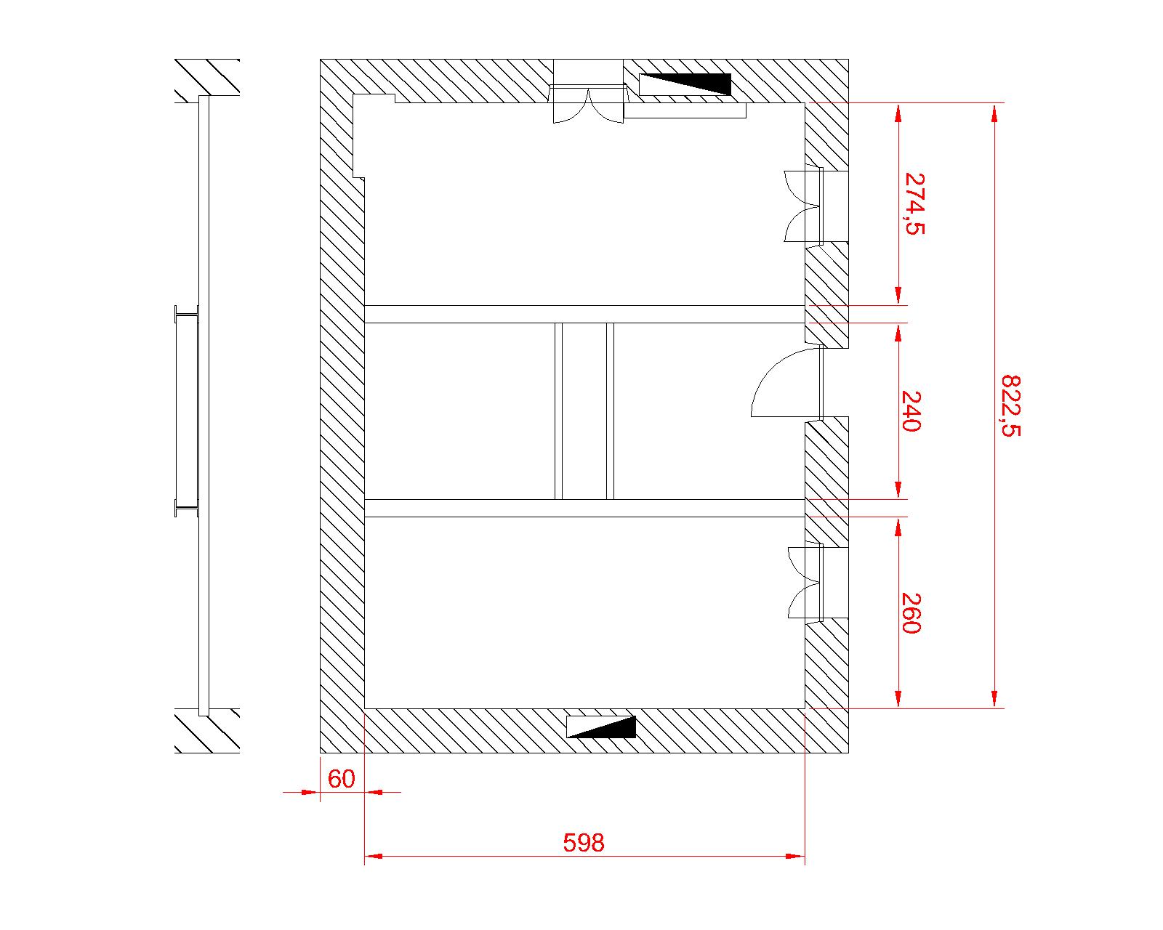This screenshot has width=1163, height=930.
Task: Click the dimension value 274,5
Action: point(914,203)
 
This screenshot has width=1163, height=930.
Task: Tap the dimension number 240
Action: point(912,411)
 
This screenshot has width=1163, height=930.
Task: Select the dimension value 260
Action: point(912,613)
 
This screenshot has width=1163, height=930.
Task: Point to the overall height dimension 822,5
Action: point(1010,406)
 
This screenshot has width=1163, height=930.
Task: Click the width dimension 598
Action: point(584,843)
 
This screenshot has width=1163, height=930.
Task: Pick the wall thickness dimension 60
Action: point(342,779)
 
